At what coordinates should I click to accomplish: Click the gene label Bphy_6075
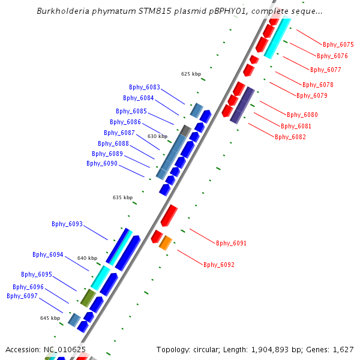pyautogui.click(x=338, y=44)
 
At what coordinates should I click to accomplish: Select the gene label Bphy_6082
pyautogui.click(x=290, y=137)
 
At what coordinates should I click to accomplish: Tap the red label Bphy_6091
pyautogui.click(x=231, y=243)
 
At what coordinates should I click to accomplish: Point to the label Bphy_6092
pyautogui.click(x=218, y=265)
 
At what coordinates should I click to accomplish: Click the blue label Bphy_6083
pyautogui.click(x=145, y=87)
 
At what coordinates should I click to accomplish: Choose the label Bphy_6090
pyautogui.click(x=102, y=163)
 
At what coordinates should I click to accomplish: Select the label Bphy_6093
pyautogui.click(x=67, y=224)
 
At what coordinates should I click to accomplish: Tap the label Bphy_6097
pyautogui.click(x=22, y=296)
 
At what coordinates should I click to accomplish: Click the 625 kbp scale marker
pyautogui.click(x=190, y=74)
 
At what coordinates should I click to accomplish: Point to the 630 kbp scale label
pyautogui.click(x=157, y=136)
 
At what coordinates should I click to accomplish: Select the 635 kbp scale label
pyautogui.click(x=122, y=197)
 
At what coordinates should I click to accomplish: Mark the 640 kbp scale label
pyautogui.click(x=87, y=258)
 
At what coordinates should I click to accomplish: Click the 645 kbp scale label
pyautogui.click(x=50, y=318)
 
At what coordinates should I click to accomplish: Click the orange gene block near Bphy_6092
pyautogui.click(x=166, y=242)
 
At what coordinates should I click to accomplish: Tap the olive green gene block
pyautogui.click(x=88, y=297)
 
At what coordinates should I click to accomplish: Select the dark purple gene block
pyautogui.click(x=242, y=106)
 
